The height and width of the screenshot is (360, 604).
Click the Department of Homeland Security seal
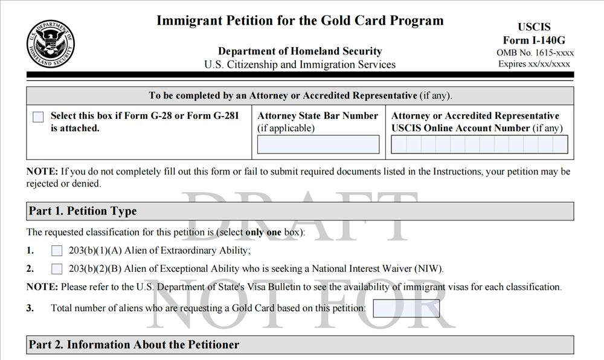tap(51, 43)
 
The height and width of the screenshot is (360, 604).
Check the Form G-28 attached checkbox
tap(38, 117)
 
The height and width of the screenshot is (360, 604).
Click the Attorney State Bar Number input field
tap(318, 144)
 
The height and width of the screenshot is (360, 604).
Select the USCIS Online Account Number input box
tap(479, 144)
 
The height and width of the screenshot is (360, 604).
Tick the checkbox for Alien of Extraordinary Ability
tap(57, 251)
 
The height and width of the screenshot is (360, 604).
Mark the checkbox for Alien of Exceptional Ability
tap(57, 269)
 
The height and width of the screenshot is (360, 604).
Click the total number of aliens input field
tap(406, 308)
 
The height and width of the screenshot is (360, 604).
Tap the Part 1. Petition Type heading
tap(83, 211)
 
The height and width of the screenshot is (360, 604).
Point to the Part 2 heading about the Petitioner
tap(134, 345)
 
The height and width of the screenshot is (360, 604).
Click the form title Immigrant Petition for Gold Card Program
tap(300, 21)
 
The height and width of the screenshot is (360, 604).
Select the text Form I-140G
tap(534, 40)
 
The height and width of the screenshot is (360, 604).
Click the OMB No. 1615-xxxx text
tap(534, 53)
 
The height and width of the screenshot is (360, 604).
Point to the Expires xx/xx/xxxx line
tap(534, 64)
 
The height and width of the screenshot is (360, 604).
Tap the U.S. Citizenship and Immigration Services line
tap(300, 65)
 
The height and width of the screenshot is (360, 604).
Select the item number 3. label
tap(30, 308)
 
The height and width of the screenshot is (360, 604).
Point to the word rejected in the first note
tap(45, 184)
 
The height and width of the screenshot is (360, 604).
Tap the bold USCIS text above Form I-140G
tap(534, 28)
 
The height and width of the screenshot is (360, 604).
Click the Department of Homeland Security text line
tap(300, 51)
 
